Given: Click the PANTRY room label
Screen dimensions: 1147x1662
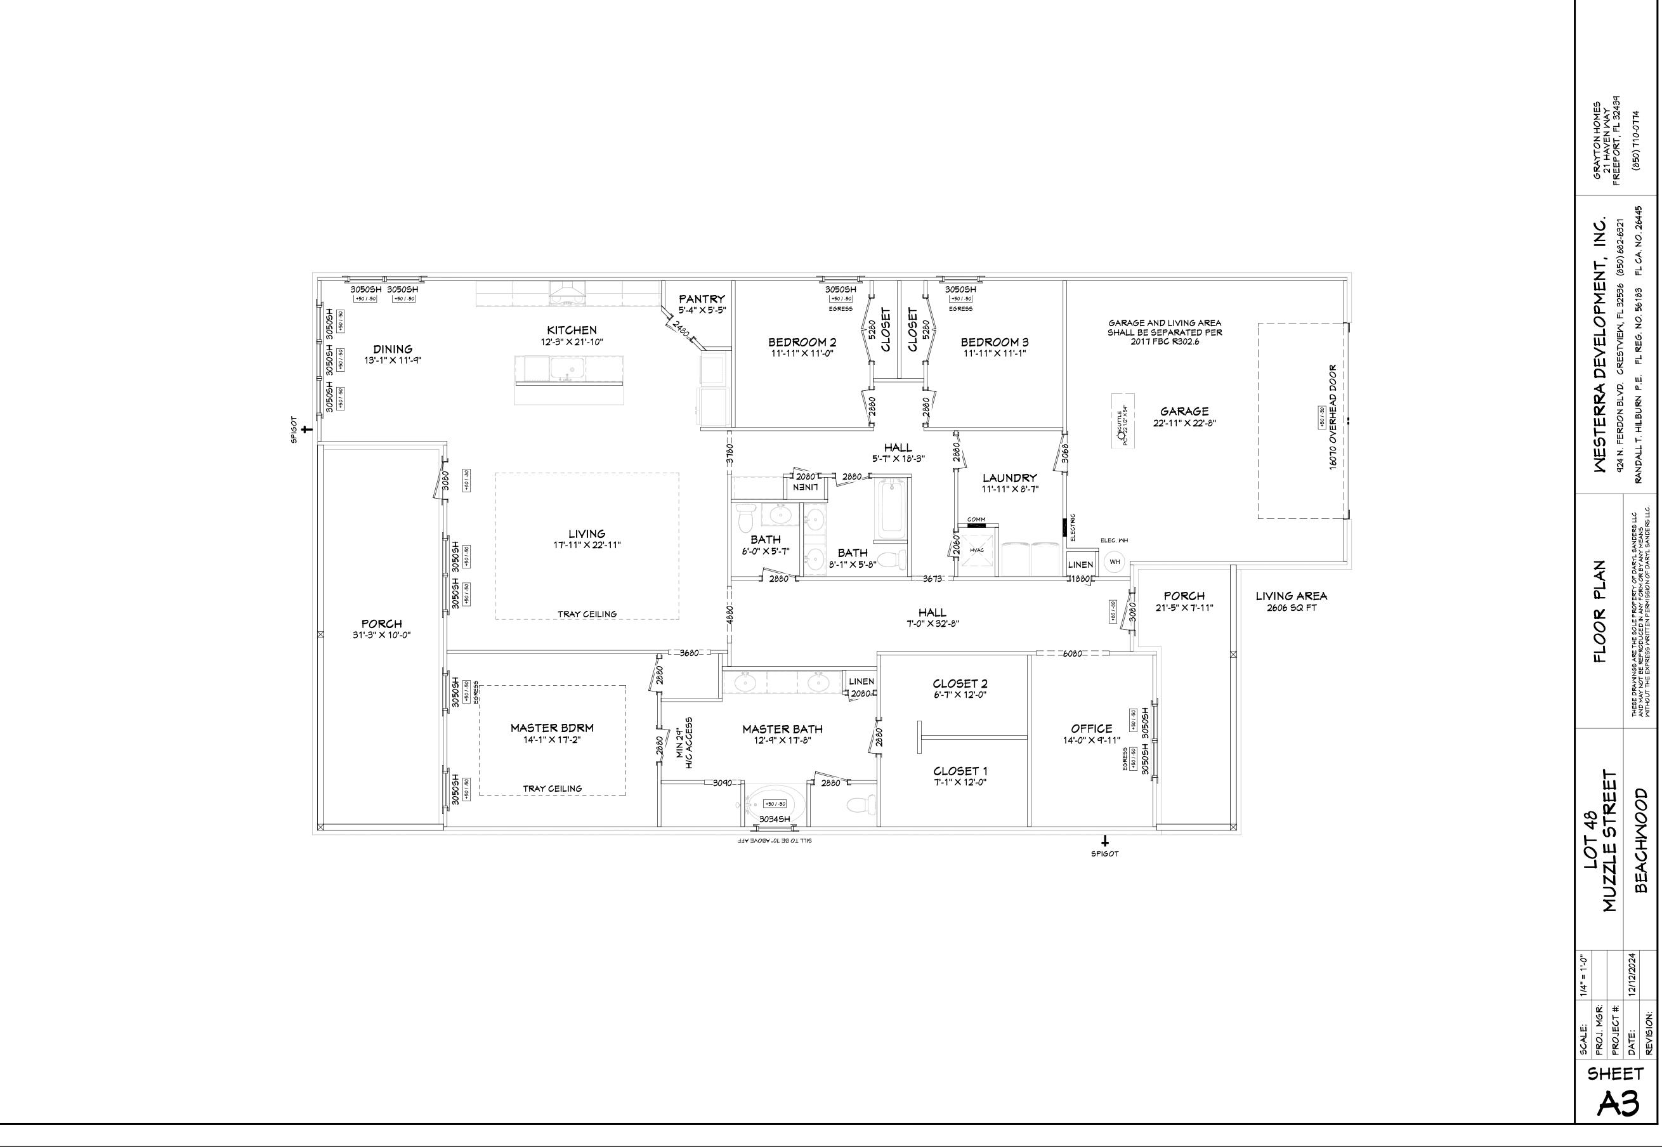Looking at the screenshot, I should (x=702, y=299).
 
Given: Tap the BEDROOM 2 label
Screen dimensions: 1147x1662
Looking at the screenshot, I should (x=802, y=342).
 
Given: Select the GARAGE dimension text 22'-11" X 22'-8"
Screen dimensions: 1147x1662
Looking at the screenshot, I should (x=1184, y=423).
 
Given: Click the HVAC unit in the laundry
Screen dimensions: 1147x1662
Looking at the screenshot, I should (x=976, y=551).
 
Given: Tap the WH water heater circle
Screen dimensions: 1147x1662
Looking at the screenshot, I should (x=1115, y=562).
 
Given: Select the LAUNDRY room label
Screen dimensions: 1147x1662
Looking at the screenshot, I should (x=1009, y=478).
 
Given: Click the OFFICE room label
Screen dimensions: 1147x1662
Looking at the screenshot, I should (x=1092, y=729).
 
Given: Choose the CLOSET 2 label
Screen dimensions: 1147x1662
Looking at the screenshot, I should (x=960, y=683).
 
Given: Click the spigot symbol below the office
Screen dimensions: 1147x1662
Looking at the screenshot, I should (x=1105, y=840).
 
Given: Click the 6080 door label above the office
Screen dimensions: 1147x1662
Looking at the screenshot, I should (x=1072, y=654).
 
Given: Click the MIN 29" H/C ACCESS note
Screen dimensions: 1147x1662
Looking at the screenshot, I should (x=683, y=743).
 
